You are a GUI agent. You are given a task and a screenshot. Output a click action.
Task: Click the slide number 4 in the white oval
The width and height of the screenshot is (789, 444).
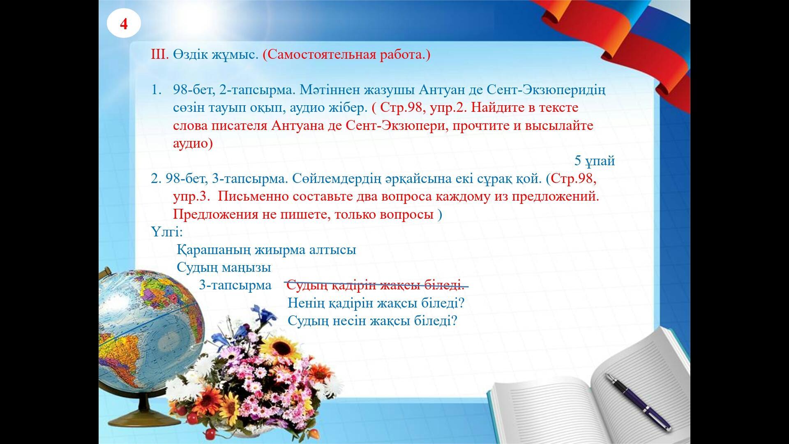point(124,24)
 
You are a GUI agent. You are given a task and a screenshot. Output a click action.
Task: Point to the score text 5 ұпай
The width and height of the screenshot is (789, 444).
point(594,161)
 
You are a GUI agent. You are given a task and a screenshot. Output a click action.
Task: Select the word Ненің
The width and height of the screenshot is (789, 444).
point(306,303)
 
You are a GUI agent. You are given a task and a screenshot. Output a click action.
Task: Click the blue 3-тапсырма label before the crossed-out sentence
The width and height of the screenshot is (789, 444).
point(235,285)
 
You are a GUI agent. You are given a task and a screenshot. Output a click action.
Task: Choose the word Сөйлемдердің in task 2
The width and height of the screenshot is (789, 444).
point(336,179)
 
